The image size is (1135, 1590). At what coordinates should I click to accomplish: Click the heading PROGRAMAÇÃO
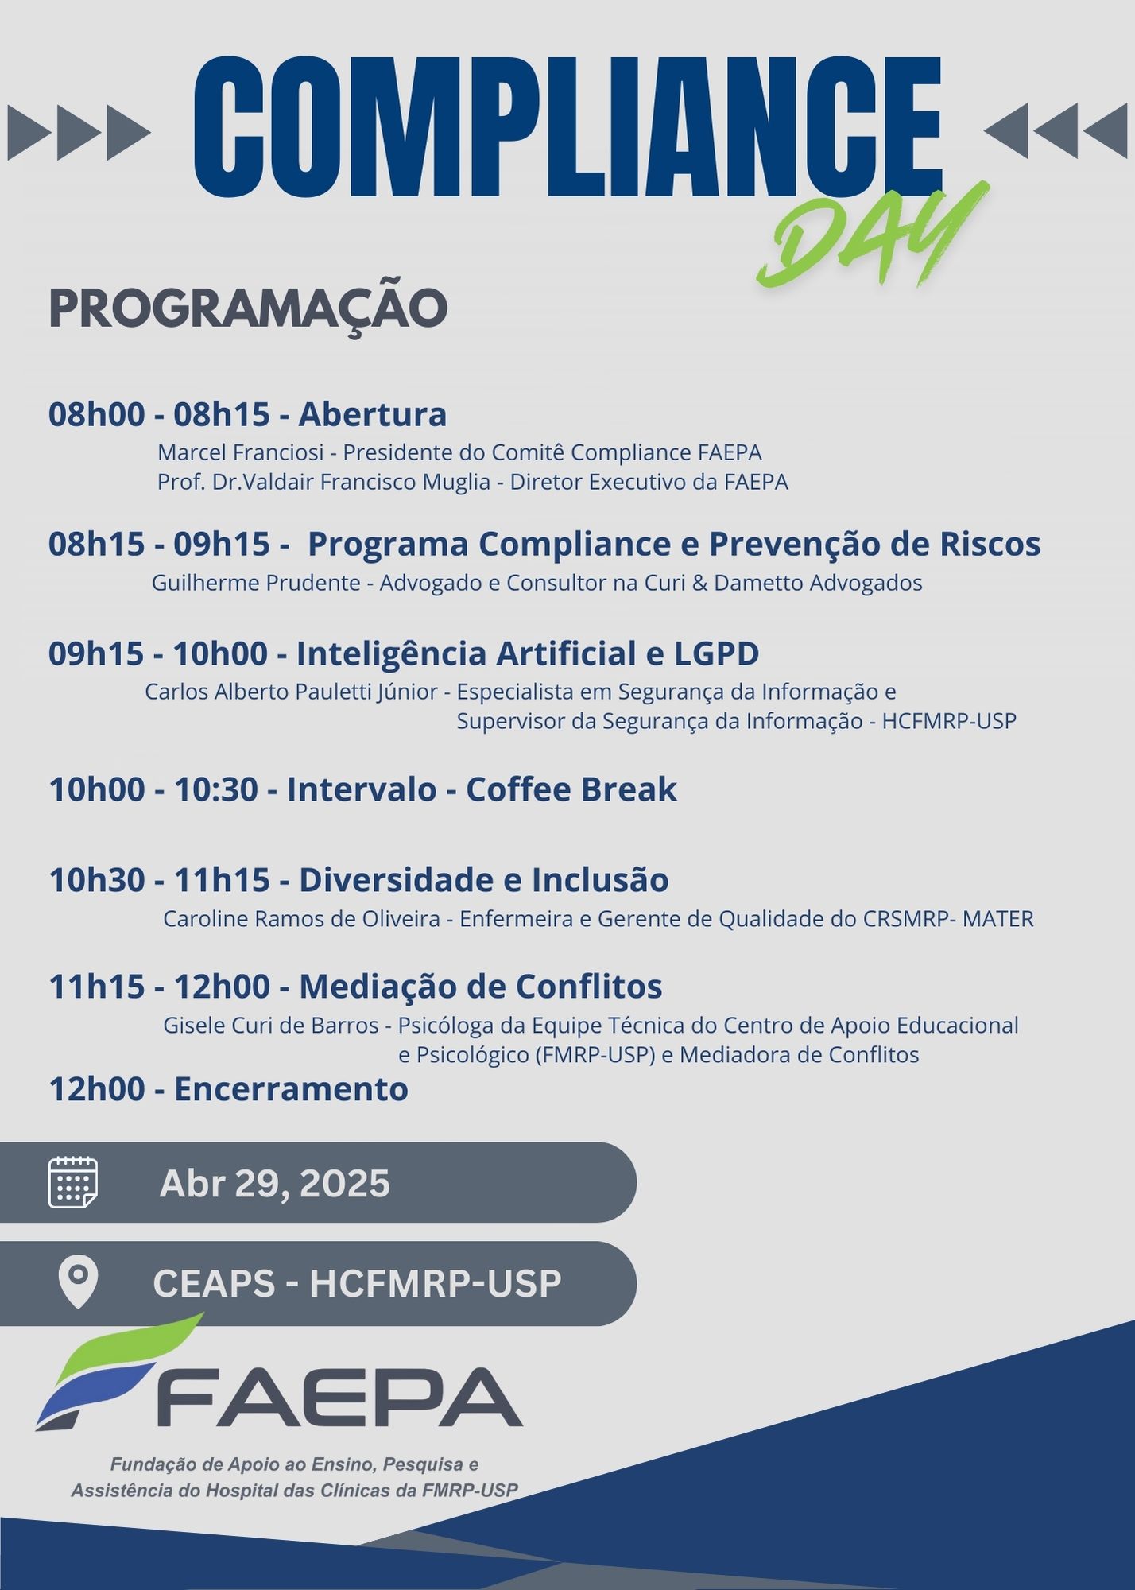click(248, 309)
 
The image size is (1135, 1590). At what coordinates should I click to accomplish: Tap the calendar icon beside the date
click(73, 1182)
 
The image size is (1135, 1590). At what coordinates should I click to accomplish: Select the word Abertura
click(373, 414)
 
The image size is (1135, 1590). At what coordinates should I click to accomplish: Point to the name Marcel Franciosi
click(240, 452)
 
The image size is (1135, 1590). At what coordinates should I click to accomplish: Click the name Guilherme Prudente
click(256, 583)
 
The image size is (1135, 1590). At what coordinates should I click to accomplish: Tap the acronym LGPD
click(716, 653)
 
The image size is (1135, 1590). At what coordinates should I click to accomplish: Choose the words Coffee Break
click(571, 789)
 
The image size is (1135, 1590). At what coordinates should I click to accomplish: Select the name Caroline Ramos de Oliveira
click(301, 919)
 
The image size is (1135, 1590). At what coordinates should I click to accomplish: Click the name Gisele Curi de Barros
click(271, 1026)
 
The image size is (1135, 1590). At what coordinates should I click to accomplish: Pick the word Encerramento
click(291, 1089)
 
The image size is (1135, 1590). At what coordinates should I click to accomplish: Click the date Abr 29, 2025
click(275, 1183)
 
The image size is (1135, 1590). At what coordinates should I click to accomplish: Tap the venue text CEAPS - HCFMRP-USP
click(357, 1283)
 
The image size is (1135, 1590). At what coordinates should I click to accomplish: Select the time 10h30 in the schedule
click(97, 880)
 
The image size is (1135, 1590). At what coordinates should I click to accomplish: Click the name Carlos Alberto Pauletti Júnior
click(291, 692)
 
